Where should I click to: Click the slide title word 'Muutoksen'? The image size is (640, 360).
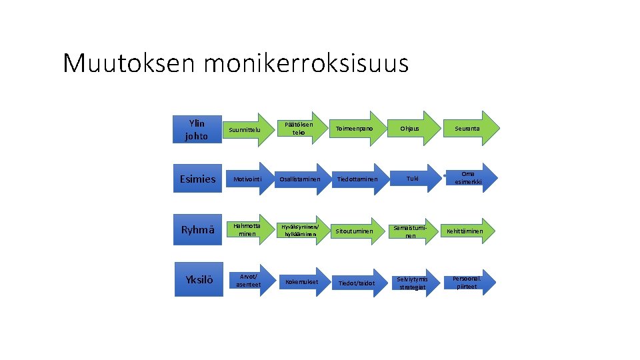(130, 64)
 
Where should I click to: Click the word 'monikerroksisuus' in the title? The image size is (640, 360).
(306, 64)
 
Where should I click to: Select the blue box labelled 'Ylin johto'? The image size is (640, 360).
(197, 129)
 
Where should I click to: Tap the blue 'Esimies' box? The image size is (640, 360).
(197, 179)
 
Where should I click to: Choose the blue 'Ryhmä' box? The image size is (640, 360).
(197, 230)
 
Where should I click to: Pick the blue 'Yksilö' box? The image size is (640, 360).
(197, 280)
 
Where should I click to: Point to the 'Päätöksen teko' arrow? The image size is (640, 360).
(298, 129)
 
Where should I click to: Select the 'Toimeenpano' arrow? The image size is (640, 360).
(355, 128)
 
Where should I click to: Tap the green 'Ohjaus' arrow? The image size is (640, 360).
(410, 128)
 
